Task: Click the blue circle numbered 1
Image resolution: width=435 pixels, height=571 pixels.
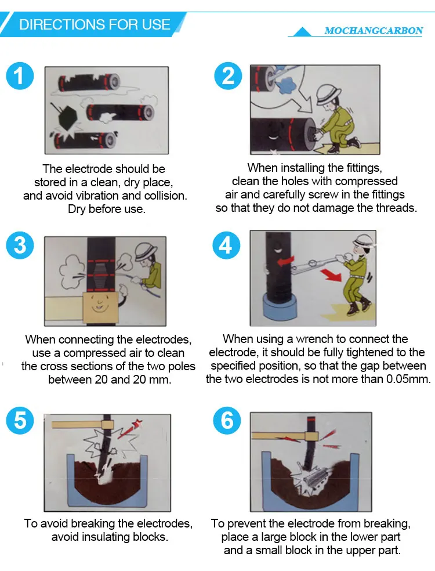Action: (20, 76)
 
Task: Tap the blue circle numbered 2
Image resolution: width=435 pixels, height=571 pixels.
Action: (227, 76)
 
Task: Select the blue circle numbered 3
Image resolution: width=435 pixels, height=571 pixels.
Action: (20, 245)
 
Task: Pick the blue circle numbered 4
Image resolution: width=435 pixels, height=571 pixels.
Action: (226, 245)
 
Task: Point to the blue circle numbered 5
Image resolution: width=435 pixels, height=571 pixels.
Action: (20, 420)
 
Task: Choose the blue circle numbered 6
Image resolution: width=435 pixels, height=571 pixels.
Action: (227, 420)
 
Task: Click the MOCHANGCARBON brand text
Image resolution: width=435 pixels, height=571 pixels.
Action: (374, 31)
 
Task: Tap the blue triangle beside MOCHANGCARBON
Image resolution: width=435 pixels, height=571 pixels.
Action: (302, 32)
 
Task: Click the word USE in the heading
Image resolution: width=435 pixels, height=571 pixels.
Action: (156, 24)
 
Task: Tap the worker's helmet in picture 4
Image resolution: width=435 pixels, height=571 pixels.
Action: (363, 241)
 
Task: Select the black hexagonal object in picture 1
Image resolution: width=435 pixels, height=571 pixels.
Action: (67, 119)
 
